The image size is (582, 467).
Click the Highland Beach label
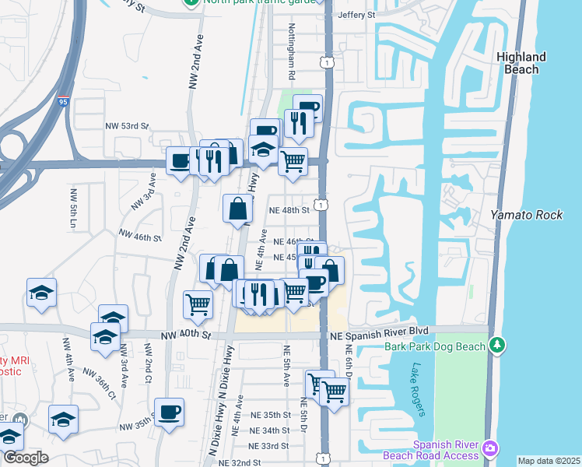[x=521, y=63]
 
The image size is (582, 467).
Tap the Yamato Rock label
[x=526, y=215]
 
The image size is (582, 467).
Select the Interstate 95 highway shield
[x=62, y=100]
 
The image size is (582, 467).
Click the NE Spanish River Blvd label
[x=380, y=331]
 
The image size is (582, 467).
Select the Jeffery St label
[x=356, y=15]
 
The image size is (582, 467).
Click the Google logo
[x=25, y=458]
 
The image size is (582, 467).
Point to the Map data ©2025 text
[x=549, y=461]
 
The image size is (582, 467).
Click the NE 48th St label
[x=289, y=210]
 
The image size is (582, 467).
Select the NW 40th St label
[x=186, y=335]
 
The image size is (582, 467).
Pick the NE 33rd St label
[x=268, y=446]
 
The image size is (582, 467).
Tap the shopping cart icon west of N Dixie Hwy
[x=198, y=304]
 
